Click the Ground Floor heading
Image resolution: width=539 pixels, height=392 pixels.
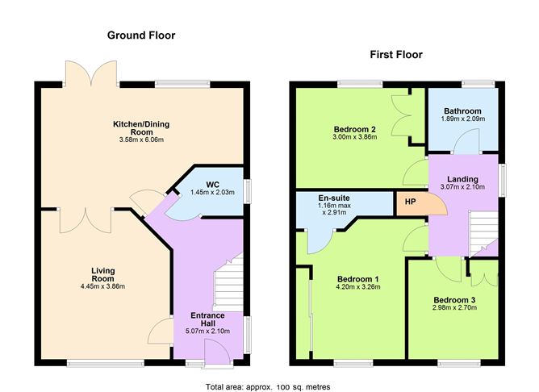tap(141, 35)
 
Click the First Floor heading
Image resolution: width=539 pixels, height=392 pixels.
tap(395, 55)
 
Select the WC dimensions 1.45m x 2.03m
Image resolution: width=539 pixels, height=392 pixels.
tap(211, 193)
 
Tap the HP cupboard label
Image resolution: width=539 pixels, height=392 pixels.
tap(411, 202)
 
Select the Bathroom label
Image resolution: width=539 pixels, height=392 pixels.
tap(462, 111)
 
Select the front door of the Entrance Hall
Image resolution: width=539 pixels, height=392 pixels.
tap(215, 348)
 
